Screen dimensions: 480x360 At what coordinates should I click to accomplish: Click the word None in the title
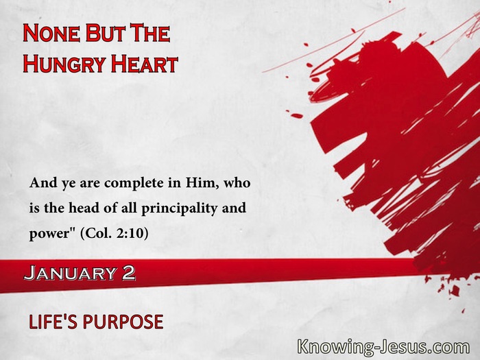(51, 33)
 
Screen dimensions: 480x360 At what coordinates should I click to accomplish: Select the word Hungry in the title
(64, 64)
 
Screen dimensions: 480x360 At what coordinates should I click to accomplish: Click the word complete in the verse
(134, 183)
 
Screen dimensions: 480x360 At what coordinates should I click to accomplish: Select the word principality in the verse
(180, 209)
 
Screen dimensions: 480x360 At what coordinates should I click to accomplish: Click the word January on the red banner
(70, 273)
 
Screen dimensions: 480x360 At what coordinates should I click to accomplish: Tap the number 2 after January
(128, 273)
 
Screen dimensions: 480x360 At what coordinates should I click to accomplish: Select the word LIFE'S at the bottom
(53, 322)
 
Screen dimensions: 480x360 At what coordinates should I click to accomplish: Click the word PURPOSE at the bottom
(123, 322)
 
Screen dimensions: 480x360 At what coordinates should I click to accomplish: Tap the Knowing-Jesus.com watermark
(383, 347)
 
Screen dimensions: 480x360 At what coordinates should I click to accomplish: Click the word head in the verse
(84, 208)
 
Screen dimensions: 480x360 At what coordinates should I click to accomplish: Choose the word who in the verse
(237, 183)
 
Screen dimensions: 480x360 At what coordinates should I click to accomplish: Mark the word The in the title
(150, 33)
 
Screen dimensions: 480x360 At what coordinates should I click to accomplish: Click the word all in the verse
(129, 208)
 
